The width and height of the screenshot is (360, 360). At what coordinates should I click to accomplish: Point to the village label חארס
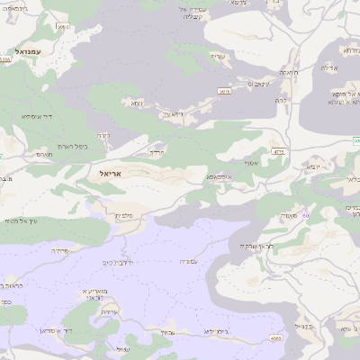[45, 155]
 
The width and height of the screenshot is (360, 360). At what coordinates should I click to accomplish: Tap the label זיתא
[135, 103]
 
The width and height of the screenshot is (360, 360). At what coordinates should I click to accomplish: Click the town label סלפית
[125, 214]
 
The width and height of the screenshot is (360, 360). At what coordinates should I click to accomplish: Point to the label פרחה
[60, 250]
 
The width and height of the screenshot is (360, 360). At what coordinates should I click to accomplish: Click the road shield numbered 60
[306, 215]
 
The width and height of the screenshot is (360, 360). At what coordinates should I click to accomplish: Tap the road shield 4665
[275, 338]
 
